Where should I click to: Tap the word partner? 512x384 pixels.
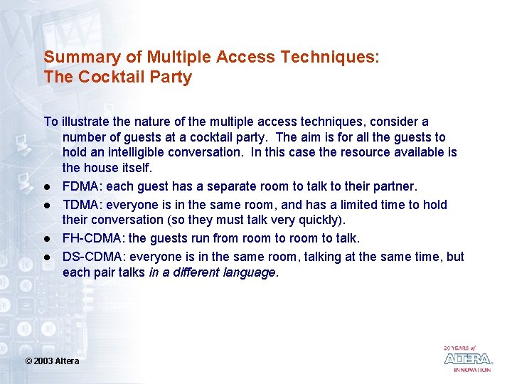pyautogui.click(x=393, y=186)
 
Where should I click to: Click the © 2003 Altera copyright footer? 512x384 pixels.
pyautogui.click(x=53, y=361)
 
